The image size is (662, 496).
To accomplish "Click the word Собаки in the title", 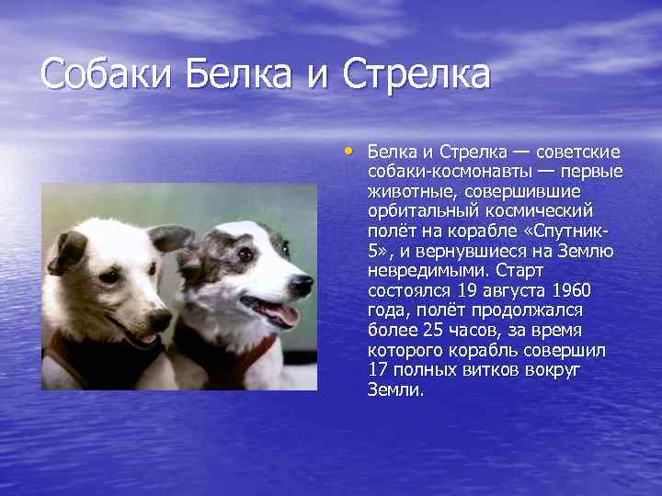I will pos(106,74).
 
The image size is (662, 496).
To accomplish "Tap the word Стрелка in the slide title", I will pos(417,74).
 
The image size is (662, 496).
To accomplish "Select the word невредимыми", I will pos(428,270).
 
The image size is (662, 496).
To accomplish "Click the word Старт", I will pos(519,270).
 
